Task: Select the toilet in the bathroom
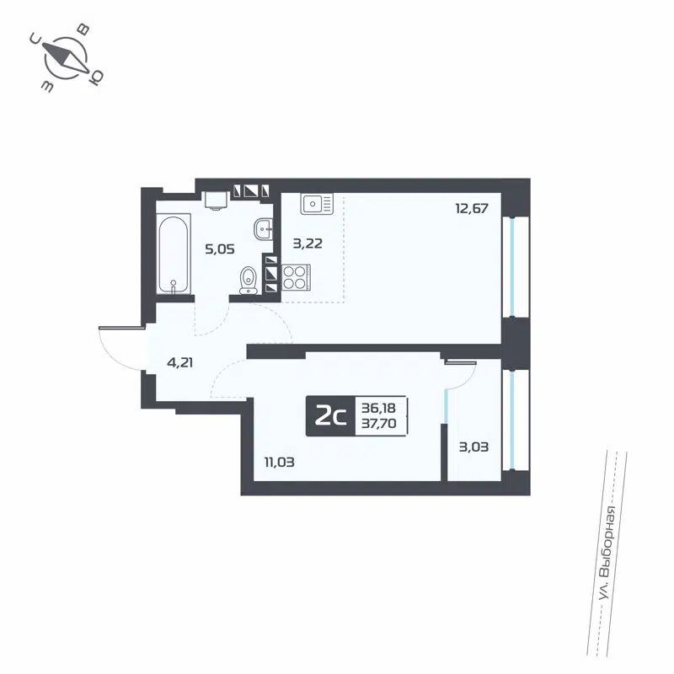coord(249,279)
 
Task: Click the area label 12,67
coord(472,209)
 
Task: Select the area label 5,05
coord(220,249)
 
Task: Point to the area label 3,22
coord(308,243)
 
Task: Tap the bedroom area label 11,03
coord(278,461)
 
